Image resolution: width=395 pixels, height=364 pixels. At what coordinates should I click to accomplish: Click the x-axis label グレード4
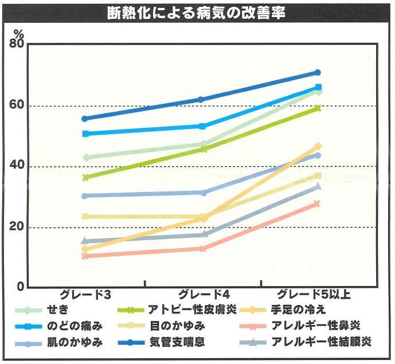coord(202,295)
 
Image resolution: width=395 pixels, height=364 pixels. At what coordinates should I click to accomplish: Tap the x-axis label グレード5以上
coord(314,295)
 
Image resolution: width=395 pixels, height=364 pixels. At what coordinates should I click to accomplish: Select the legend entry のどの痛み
coord(75,326)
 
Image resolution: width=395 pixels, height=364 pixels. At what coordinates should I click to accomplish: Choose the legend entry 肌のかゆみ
coord(75,343)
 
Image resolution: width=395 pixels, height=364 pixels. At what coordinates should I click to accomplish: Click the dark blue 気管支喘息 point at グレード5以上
coord(318,73)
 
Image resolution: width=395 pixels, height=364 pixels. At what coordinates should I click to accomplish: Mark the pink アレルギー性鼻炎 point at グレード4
coord(202,249)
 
